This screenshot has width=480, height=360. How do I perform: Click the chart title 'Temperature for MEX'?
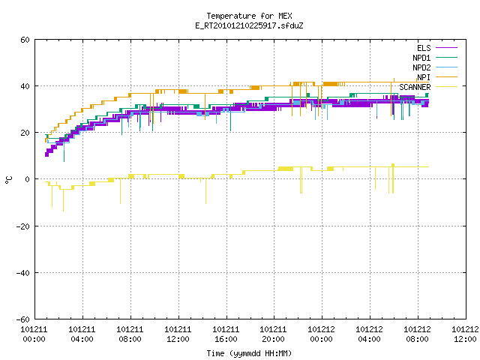(x=249, y=16)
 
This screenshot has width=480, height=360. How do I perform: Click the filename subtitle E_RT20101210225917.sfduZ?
(x=249, y=25)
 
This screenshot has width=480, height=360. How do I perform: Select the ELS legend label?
(x=424, y=48)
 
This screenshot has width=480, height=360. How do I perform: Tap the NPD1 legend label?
(x=421, y=58)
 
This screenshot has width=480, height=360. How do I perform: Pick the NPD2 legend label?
(x=421, y=67)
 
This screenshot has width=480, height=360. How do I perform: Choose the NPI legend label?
(x=424, y=77)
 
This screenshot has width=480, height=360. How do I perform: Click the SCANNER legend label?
(x=415, y=87)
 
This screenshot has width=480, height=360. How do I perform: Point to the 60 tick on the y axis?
(x=25, y=40)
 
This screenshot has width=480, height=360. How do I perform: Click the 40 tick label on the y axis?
(x=25, y=86)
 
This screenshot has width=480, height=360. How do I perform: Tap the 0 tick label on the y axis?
(x=27, y=179)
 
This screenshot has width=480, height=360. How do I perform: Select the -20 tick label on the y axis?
(x=23, y=226)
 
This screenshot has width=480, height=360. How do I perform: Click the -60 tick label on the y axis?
(x=23, y=319)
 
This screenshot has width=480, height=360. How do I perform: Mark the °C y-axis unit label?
(x=8, y=180)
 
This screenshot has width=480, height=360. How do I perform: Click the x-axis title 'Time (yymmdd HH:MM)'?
(x=249, y=353)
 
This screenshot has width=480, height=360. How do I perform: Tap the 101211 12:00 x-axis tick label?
(x=178, y=334)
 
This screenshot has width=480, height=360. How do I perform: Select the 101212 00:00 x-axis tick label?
(x=321, y=334)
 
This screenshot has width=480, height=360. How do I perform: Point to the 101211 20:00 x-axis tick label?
(x=273, y=334)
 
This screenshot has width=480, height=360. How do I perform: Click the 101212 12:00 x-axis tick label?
(x=465, y=334)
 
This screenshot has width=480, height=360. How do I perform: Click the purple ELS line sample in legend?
(x=446, y=48)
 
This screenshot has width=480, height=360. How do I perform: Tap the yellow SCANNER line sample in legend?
(x=446, y=87)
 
